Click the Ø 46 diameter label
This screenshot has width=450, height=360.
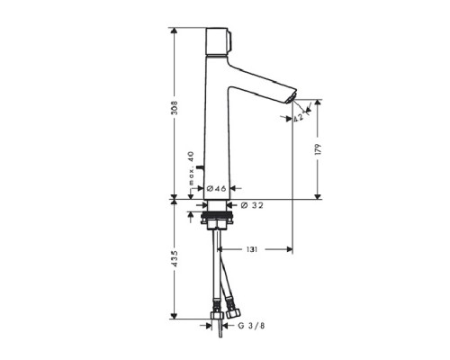coord(217,189)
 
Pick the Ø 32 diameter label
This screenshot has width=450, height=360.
coord(253,205)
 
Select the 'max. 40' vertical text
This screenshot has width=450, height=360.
coord(191,170)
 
